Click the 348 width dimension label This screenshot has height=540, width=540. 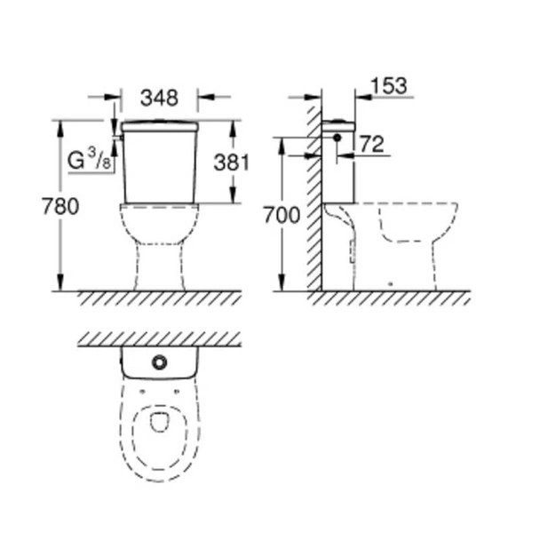160,97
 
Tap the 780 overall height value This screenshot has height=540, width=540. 60,207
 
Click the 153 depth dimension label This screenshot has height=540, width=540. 387,85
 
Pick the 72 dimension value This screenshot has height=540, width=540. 373,145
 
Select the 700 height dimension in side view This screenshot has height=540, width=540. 281,215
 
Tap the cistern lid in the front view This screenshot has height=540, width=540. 160,126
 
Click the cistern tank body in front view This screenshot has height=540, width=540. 160,169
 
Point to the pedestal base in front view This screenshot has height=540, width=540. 160,266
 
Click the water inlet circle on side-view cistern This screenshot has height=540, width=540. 337,139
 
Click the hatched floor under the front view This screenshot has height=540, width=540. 160,298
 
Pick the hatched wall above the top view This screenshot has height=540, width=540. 160,339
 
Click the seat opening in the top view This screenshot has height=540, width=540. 160,419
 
